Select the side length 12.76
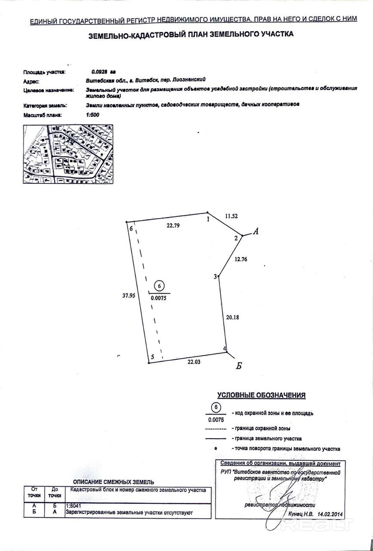point(241,259)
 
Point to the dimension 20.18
point(232,317)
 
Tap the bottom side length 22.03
point(194,362)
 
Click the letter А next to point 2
point(256,232)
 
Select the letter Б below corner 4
point(240,366)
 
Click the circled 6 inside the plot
point(159,286)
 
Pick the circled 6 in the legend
point(217,407)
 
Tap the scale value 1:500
point(92,115)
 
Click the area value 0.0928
point(101,72)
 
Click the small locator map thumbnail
point(68,154)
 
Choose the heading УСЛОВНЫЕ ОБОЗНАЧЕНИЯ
point(261,395)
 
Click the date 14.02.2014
point(330,514)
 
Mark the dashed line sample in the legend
point(216,429)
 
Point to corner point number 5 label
point(152,357)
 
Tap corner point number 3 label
point(215,277)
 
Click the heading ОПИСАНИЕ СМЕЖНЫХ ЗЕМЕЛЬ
point(113,482)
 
